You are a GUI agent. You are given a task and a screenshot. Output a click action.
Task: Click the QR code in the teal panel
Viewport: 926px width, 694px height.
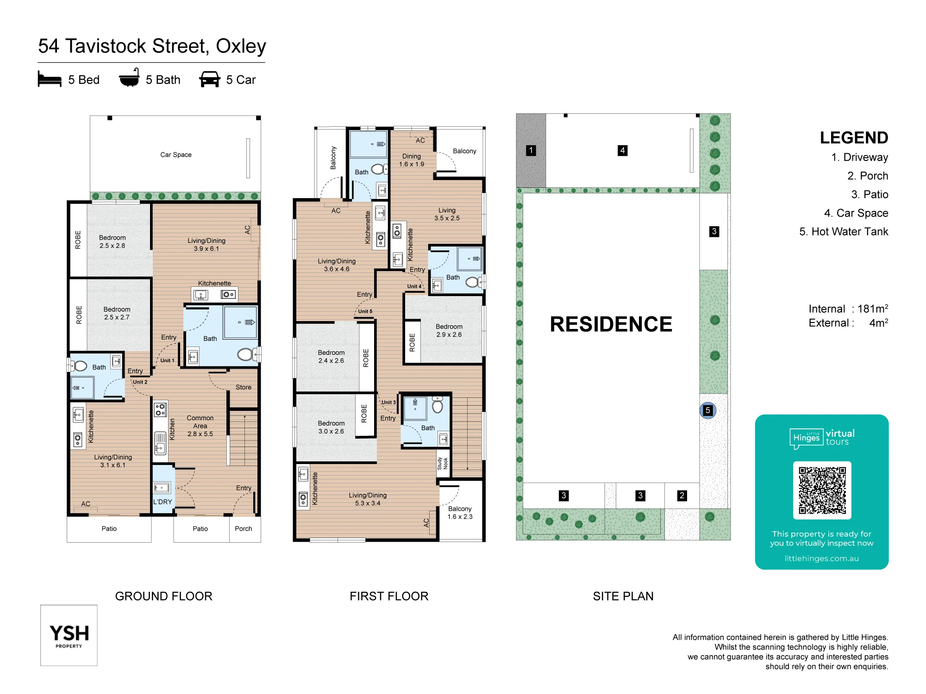pyautogui.click(x=822, y=490)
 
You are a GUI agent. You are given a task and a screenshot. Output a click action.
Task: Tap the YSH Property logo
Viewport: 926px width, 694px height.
pyautogui.click(x=69, y=635)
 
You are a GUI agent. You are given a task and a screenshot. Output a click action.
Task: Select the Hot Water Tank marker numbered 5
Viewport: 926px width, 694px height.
pyautogui.click(x=707, y=410)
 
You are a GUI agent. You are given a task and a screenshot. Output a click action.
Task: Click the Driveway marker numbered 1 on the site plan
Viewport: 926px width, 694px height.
pyautogui.click(x=531, y=150)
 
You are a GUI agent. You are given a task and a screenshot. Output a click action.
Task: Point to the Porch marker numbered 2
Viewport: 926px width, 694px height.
pyautogui.click(x=682, y=496)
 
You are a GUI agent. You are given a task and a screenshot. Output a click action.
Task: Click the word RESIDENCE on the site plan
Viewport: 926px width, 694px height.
pyautogui.click(x=611, y=324)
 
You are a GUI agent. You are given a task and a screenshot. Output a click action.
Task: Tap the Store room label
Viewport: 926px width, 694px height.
pyautogui.click(x=244, y=387)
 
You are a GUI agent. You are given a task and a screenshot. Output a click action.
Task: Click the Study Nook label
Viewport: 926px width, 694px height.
pyautogui.click(x=443, y=463)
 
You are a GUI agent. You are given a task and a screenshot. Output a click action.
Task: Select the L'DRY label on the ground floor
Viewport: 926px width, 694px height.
pyautogui.click(x=163, y=502)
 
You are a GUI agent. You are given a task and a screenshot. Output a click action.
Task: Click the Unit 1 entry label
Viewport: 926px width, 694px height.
pyautogui.click(x=168, y=360)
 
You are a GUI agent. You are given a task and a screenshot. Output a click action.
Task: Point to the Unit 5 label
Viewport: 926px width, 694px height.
pyautogui.click(x=365, y=311)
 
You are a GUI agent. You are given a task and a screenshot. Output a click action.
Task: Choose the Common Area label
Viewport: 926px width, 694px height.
pyautogui.click(x=200, y=426)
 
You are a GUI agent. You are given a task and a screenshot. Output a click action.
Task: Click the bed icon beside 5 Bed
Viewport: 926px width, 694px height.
pyautogui.click(x=50, y=79)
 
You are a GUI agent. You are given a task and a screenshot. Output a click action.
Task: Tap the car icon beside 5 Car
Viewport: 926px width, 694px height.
pyautogui.click(x=210, y=79)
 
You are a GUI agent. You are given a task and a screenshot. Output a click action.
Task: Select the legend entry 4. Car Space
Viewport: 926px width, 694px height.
pyautogui.click(x=856, y=213)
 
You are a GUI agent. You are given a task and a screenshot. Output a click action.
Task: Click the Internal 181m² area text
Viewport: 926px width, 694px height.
pyautogui.click(x=848, y=309)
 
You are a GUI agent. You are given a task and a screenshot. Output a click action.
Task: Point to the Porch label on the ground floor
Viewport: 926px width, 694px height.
pyautogui.click(x=244, y=528)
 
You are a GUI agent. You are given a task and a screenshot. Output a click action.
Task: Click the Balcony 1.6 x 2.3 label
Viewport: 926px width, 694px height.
pyautogui.click(x=460, y=513)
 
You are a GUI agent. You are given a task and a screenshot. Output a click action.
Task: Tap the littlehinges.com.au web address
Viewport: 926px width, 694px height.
pyautogui.click(x=822, y=558)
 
